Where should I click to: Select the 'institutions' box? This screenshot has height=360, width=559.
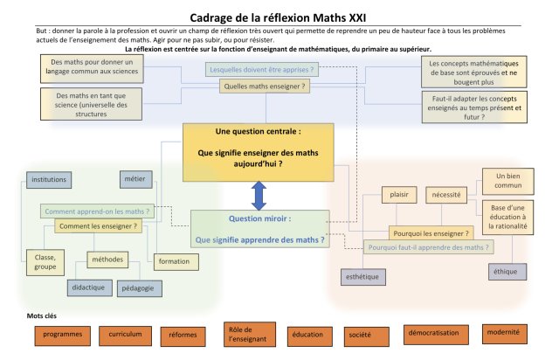48,179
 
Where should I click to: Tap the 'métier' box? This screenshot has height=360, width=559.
135,179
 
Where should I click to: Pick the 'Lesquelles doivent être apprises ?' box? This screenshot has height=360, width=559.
261,68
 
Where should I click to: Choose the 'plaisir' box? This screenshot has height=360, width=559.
399,196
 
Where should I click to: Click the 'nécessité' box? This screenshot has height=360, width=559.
445,196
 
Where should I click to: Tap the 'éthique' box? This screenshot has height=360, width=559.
505,272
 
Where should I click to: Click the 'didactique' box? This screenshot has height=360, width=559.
89,287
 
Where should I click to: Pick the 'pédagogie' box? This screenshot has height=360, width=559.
137,287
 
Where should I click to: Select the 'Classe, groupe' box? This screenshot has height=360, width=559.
45,262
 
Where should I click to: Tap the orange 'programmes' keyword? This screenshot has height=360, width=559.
63,335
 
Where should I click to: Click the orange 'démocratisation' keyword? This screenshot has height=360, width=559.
432,333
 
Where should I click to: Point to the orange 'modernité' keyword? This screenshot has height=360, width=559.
504,333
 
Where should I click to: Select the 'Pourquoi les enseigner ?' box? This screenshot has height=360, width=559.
431,233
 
